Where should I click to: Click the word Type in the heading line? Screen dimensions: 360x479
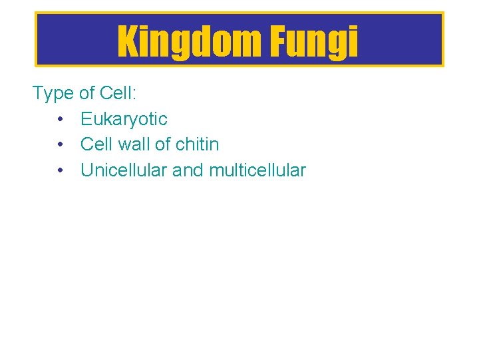coord(53,94)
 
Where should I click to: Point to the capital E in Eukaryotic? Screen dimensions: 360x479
coord(86,119)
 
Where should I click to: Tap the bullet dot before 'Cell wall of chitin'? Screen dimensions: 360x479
coord(60,144)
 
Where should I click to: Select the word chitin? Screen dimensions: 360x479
coord(198,144)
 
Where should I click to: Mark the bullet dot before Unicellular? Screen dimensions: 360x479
coord(60,170)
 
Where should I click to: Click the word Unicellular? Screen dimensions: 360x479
coord(124,170)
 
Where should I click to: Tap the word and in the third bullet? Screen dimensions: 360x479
coord(188,170)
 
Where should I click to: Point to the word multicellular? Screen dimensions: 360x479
coord(257,170)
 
